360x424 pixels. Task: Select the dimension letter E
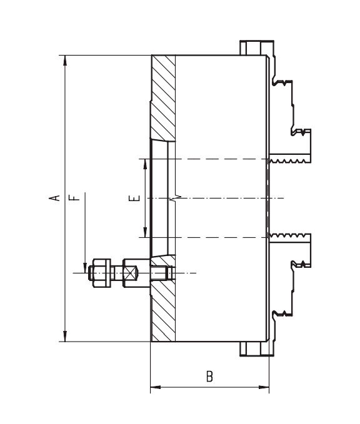pyautogui.click(x=134, y=198)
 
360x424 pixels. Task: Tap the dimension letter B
pyautogui.click(x=209, y=377)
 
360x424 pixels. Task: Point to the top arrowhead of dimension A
pyautogui.click(x=65, y=61)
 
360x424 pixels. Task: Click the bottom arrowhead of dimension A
pyautogui.click(x=65, y=337)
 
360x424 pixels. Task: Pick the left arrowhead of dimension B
pyautogui.click(x=156, y=387)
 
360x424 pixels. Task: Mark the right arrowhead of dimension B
pyautogui.click(x=264, y=387)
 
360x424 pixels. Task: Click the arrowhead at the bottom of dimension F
pyautogui.click(x=85, y=268)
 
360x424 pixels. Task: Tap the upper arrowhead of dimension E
pyautogui.click(x=146, y=164)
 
